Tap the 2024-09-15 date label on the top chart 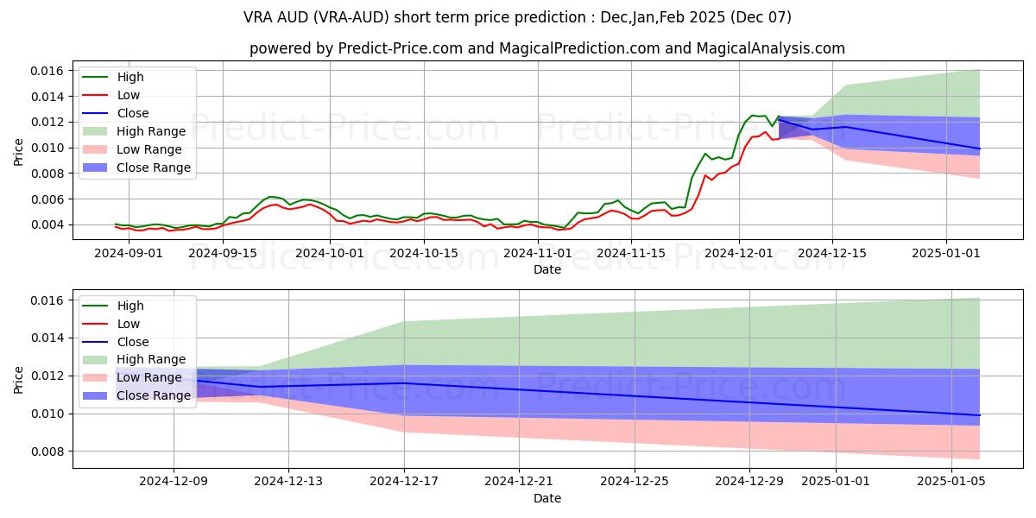coord(223,253)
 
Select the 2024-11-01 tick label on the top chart coord(538,253)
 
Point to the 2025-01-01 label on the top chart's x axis coord(947,253)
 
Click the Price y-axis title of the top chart coord(19,152)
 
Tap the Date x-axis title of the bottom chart coord(547,499)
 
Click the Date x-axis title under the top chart coord(547,269)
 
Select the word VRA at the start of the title coord(261,17)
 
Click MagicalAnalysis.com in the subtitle coord(774,49)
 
